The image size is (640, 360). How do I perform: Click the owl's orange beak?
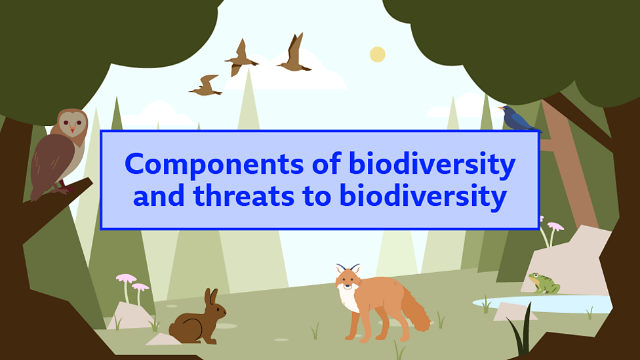(73, 129)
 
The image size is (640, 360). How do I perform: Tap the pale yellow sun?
(378, 54)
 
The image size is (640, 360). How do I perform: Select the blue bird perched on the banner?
(517, 118)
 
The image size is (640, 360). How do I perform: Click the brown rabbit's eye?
(219, 309)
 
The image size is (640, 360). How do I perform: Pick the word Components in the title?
(214, 165)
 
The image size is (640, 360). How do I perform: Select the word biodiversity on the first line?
(432, 165)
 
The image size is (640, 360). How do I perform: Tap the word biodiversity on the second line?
(423, 196)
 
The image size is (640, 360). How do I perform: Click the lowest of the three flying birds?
(206, 86)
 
